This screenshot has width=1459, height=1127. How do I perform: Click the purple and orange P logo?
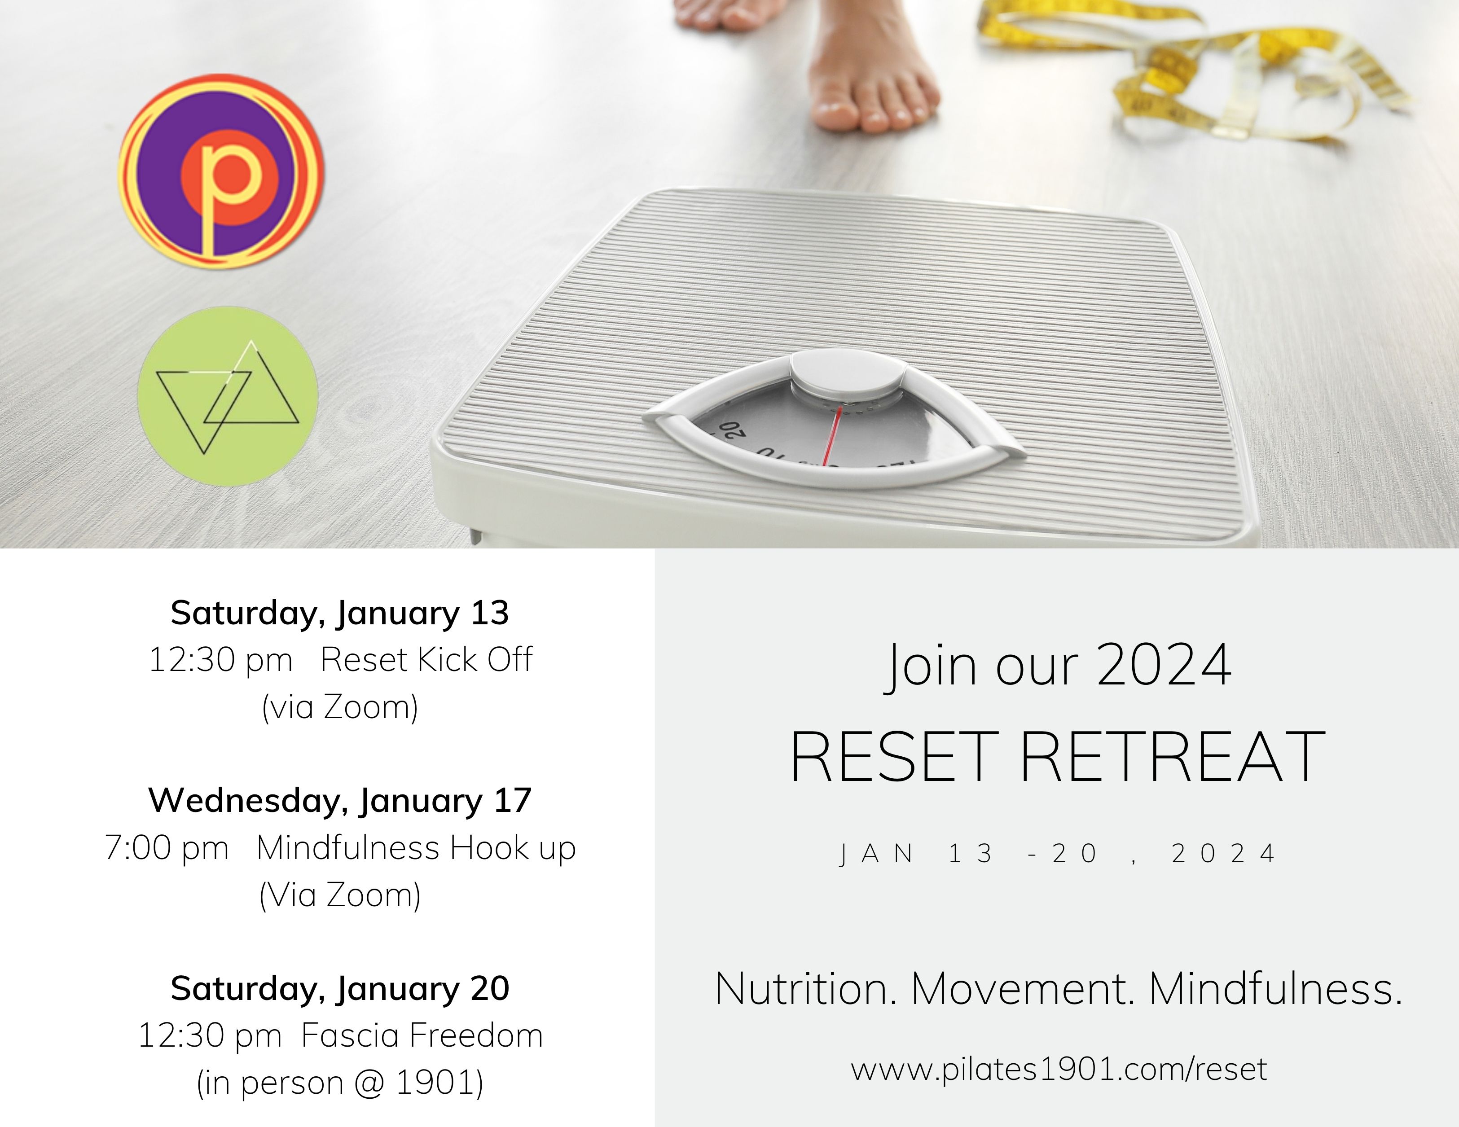pyautogui.click(x=221, y=171)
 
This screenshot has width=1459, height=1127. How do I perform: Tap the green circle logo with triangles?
pyautogui.click(x=228, y=396)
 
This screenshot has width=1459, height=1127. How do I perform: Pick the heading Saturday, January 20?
pyautogui.click(x=340, y=989)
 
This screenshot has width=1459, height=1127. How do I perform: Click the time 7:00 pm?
pyautogui.click(x=167, y=848)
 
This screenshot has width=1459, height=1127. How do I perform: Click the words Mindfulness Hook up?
pyautogui.click(x=416, y=848)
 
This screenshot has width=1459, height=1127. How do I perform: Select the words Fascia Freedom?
pyautogui.click(x=422, y=1036)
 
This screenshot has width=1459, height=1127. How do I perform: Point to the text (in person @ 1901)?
pyautogui.click(x=340, y=1083)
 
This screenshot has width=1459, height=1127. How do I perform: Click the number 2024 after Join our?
pyautogui.click(x=1164, y=665)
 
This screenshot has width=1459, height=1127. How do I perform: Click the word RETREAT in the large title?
pyautogui.click(x=1173, y=757)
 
